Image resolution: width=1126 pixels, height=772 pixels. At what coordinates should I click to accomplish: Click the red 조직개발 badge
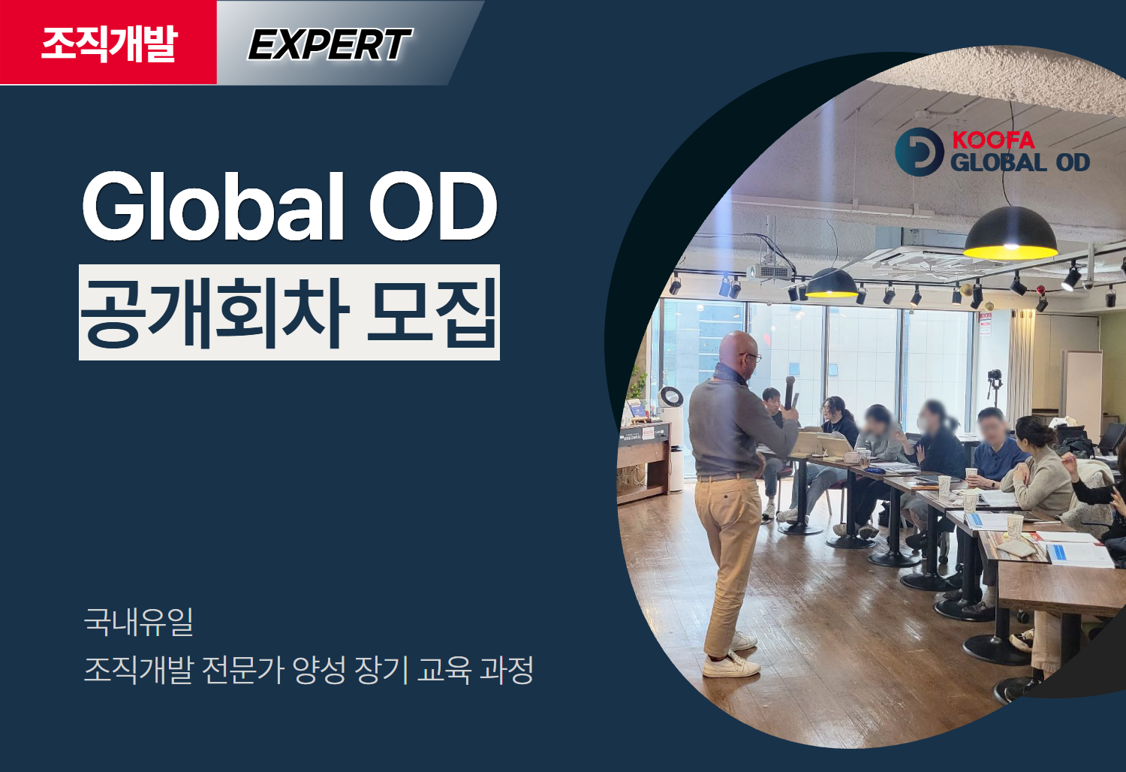(x=108, y=42)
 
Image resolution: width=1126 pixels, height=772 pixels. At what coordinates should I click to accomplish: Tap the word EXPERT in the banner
(x=330, y=44)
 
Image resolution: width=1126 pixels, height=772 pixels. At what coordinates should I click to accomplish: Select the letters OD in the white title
(x=433, y=207)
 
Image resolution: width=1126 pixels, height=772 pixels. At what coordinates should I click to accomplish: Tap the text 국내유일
(x=139, y=622)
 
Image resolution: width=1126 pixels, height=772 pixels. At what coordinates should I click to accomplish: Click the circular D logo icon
(x=920, y=152)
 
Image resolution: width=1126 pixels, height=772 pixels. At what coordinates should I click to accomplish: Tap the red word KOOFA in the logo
(x=993, y=140)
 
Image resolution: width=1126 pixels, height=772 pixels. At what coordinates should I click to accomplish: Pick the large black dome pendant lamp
(x=1010, y=234)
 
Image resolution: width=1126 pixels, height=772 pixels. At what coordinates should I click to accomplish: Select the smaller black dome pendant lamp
(x=832, y=283)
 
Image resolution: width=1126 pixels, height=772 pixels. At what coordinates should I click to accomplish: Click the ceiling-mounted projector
(x=769, y=272)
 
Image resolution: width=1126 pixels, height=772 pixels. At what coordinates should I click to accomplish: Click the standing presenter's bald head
(x=738, y=348)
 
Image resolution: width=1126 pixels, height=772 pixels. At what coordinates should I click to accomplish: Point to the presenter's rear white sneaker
(x=743, y=641)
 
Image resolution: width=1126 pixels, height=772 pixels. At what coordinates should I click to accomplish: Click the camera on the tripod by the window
(x=995, y=375)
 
